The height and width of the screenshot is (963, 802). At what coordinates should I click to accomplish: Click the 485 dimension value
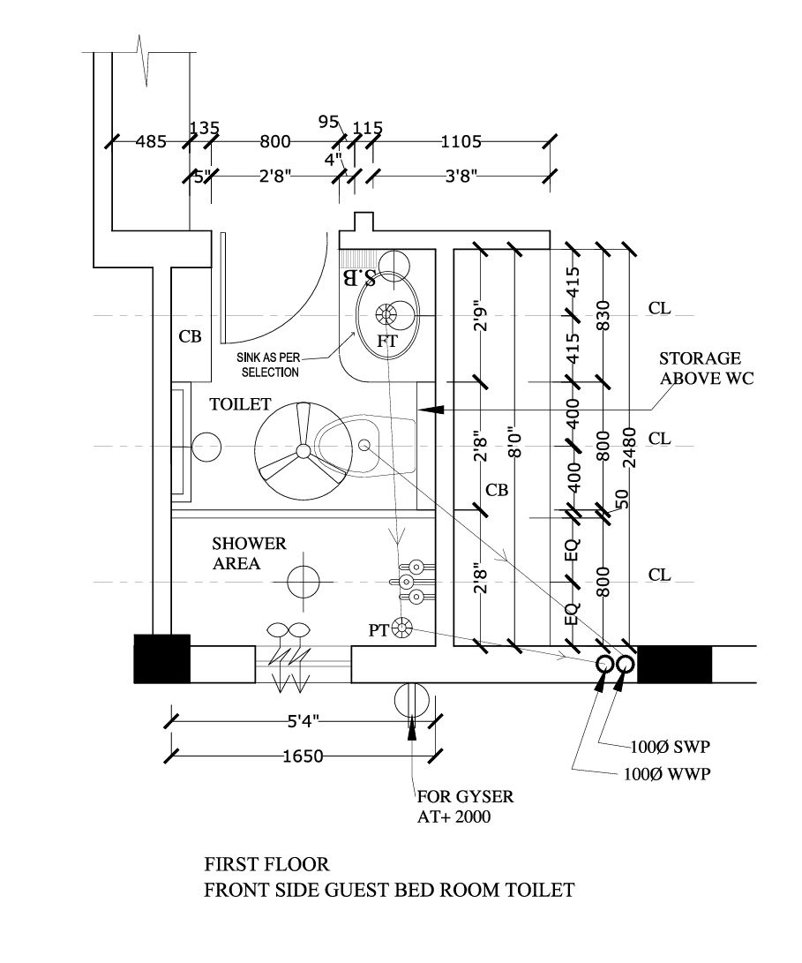(x=151, y=141)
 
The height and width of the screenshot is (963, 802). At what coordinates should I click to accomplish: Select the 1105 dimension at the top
(x=461, y=141)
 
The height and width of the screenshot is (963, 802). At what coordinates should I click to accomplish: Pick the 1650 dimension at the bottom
(x=303, y=756)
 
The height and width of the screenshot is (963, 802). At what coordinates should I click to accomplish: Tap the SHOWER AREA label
(x=249, y=553)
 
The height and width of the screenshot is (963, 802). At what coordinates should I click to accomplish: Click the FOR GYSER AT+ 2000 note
(x=465, y=807)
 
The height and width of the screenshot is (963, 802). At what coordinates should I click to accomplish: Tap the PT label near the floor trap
(x=379, y=630)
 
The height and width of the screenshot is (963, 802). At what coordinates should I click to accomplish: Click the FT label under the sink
(x=387, y=341)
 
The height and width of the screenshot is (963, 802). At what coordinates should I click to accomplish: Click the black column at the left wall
(x=161, y=658)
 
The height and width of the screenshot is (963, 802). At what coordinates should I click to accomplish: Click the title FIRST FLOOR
(x=267, y=862)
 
